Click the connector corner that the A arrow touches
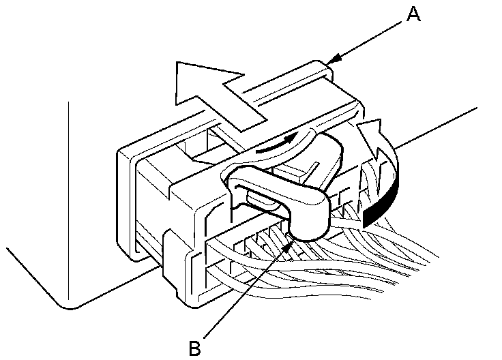point(321,68)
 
